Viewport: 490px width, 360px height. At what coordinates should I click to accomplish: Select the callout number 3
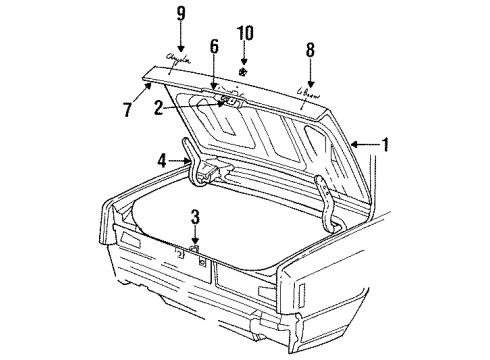(x=195, y=216)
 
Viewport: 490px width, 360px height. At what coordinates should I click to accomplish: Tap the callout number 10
(x=243, y=34)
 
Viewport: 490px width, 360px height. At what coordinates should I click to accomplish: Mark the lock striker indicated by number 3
(x=195, y=247)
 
